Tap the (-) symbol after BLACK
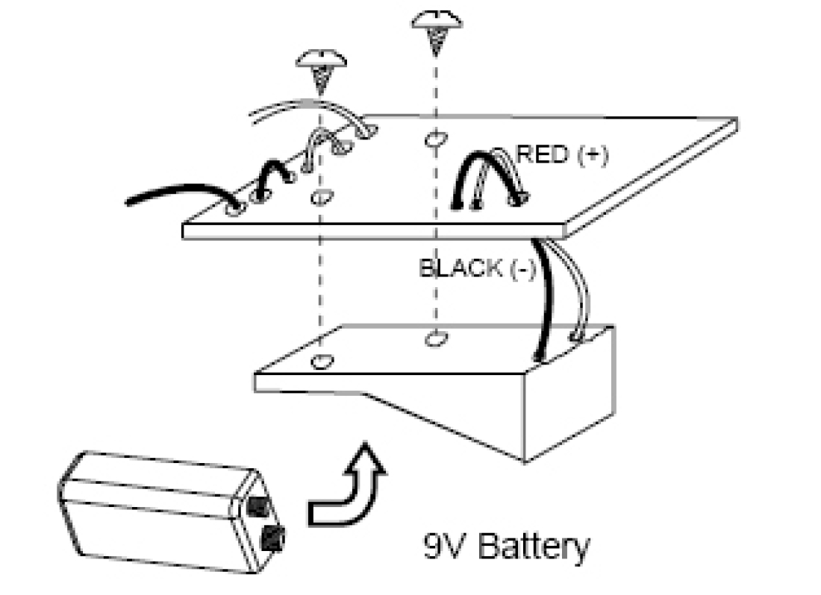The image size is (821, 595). (522, 269)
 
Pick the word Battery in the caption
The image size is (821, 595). (532, 547)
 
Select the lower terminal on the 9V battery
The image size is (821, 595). (273, 534)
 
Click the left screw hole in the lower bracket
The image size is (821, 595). (321, 362)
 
